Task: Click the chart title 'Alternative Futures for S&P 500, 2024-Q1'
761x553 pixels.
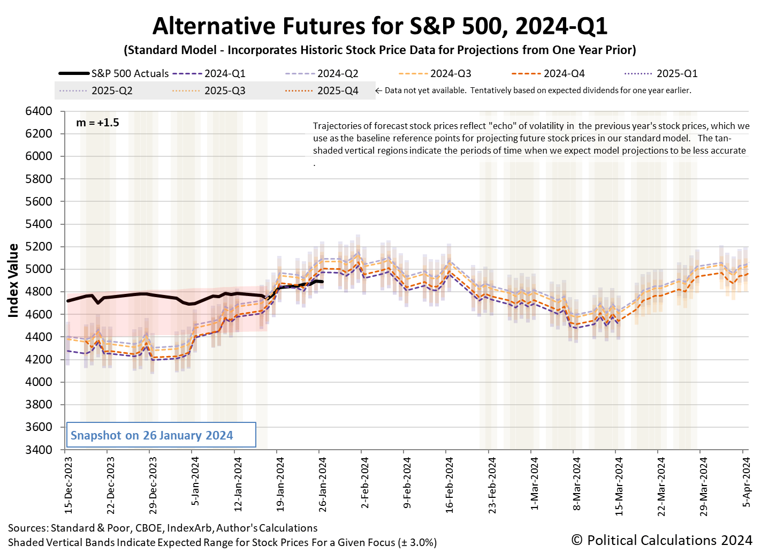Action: (x=380, y=26)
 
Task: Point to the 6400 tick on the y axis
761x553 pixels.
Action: (x=39, y=111)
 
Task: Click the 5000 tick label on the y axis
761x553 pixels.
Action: (x=39, y=269)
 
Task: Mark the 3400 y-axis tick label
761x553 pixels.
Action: (x=39, y=450)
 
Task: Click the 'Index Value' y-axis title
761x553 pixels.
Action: (x=13, y=281)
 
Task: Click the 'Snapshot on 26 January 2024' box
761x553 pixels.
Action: (x=160, y=435)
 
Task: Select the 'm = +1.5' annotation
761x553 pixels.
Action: (x=97, y=123)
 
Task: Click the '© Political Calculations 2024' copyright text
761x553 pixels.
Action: (x=661, y=540)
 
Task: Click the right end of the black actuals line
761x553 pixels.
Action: (x=322, y=282)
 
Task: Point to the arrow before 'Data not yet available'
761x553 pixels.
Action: (x=378, y=90)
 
